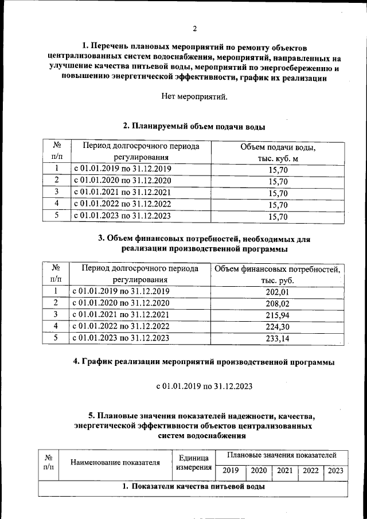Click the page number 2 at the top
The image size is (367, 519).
(194, 29)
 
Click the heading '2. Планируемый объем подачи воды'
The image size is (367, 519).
(194, 126)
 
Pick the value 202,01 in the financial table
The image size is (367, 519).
(278, 291)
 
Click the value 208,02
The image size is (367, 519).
(278, 303)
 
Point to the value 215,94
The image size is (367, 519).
(278, 315)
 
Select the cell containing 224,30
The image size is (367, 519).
(278, 326)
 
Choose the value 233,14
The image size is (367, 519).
(278, 338)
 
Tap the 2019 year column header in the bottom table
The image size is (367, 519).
(231, 471)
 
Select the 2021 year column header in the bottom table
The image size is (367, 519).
(284, 471)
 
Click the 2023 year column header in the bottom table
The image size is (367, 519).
(336, 471)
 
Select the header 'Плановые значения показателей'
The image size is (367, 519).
(282, 455)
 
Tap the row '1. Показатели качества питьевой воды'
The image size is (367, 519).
(193, 487)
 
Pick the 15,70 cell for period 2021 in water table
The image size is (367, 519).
(278, 193)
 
